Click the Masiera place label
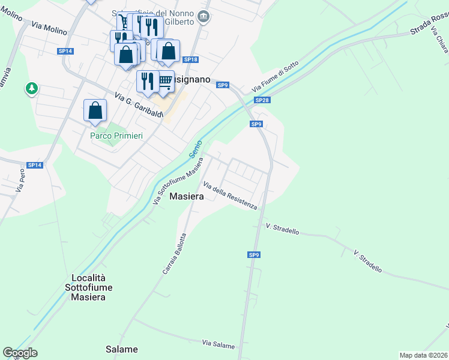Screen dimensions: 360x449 click(x=186, y=196)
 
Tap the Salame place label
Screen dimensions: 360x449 click(x=122, y=349)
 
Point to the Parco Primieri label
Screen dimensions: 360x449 click(x=116, y=136)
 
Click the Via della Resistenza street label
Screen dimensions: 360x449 click(x=231, y=196)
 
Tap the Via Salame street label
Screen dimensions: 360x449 click(x=218, y=343)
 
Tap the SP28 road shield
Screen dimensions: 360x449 click(x=262, y=100)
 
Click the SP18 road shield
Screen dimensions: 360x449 click(x=191, y=59)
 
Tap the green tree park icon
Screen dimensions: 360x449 click(x=31, y=89)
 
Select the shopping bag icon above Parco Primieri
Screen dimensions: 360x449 click(x=95, y=110)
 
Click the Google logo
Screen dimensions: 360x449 click(x=20, y=353)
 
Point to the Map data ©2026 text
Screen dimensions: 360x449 click(x=423, y=355)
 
